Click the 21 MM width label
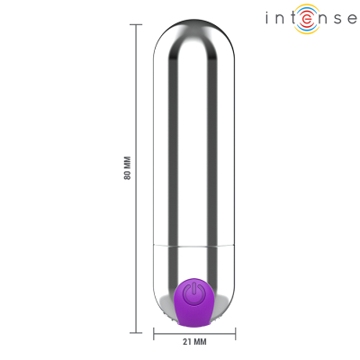pos(193,342)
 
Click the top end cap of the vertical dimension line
pos(136,25)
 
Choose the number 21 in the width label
pos(187,342)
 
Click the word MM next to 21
pos(200,342)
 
